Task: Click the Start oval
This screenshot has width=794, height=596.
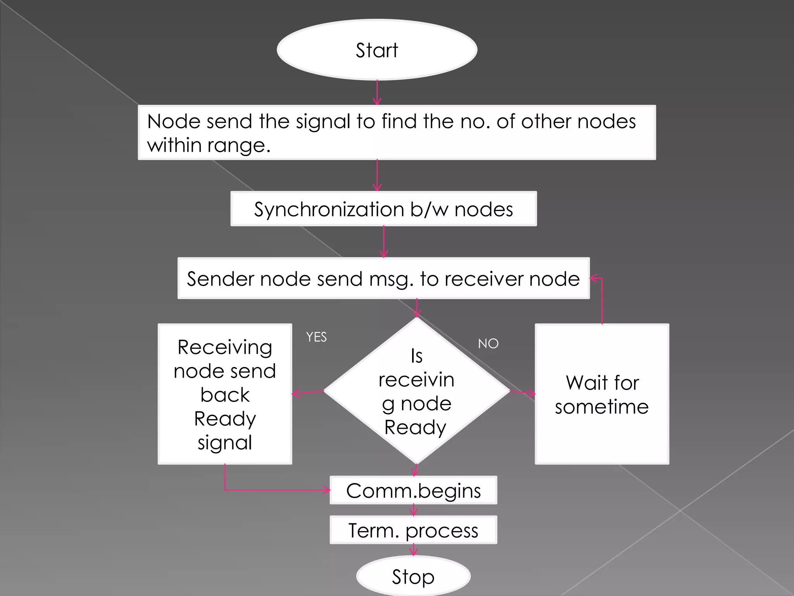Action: click(x=377, y=50)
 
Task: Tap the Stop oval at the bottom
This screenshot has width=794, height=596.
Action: click(x=413, y=576)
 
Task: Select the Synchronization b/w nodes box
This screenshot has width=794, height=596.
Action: click(x=383, y=209)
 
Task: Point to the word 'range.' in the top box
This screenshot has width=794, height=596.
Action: click(x=239, y=146)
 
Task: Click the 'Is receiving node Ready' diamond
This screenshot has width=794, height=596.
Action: click(x=416, y=391)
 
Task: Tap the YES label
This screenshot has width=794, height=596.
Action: click(x=316, y=337)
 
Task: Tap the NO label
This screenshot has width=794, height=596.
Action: click(x=488, y=343)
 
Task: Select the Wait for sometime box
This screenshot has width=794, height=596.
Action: click(x=602, y=394)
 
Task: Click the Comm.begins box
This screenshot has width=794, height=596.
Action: click(x=413, y=490)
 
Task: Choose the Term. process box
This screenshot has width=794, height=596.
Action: click(x=413, y=530)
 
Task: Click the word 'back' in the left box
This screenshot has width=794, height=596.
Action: click(x=225, y=395)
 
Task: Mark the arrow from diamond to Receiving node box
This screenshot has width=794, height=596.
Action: click(x=308, y=393)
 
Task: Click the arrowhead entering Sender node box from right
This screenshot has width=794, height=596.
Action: click(x=593, y=278)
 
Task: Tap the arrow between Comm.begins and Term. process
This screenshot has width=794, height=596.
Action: click(x=414, y=510)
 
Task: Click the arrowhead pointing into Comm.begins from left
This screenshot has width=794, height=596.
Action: click(x=326, y=490)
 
